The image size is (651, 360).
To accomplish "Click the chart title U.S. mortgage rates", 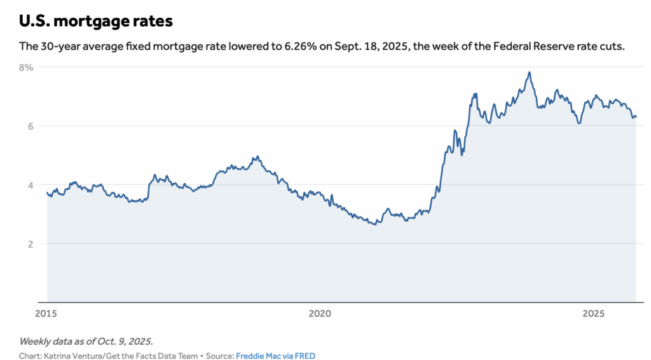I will coord(95,21).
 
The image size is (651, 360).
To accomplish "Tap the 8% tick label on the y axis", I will coord(26,67).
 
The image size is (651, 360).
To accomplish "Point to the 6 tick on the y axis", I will coord(30,126).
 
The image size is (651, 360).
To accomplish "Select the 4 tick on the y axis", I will coord(30,184).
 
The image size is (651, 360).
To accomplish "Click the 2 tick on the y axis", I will coord(30,244).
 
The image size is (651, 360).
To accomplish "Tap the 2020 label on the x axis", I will coord(320,314).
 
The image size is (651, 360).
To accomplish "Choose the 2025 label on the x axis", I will coord(593,314).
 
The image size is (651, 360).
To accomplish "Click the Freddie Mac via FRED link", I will coord(275,356).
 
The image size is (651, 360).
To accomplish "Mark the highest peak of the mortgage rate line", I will coord(529,73).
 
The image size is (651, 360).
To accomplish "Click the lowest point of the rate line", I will coord(374,225).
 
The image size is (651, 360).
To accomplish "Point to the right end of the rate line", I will coord(636,116).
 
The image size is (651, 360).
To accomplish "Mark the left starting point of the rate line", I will coord(47,193).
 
